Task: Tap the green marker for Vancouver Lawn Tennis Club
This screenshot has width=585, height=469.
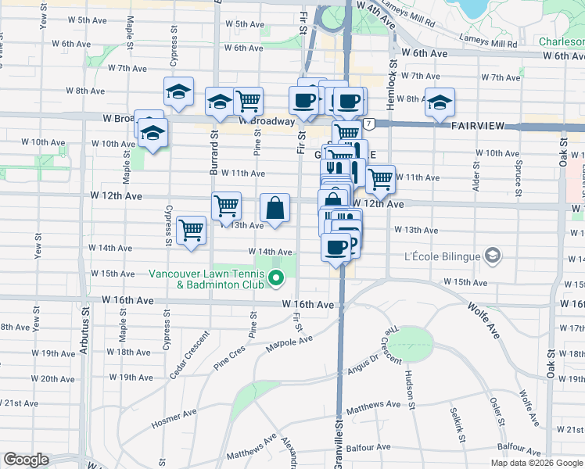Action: [x=275, y=277]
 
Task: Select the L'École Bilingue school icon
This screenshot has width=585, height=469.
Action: [x=492, y=255]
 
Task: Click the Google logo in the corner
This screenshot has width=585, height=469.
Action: [x=26, y=460]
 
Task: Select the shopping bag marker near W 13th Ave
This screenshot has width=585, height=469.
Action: [x=275, y=209]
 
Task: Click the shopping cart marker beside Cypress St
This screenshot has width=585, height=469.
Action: [x=191, y=231]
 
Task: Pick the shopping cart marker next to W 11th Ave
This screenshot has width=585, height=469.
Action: [x=380, y=179]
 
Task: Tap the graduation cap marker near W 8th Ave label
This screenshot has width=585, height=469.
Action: [x=178, y=93]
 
